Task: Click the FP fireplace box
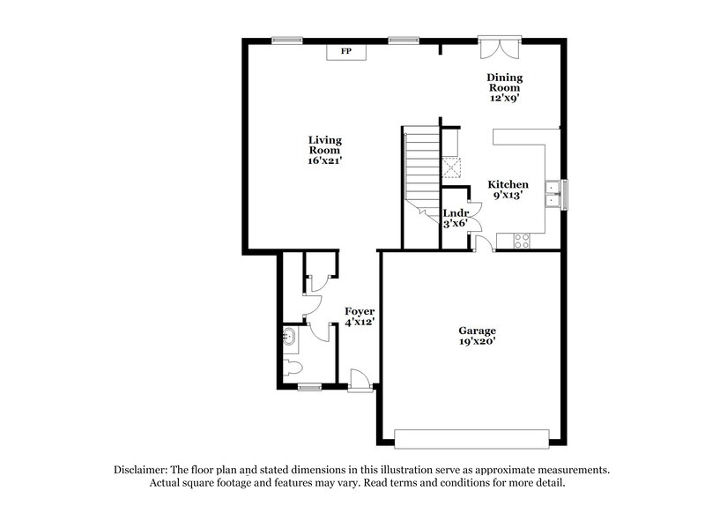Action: pyautogui.click(x=346, y=52)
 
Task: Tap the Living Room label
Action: pyautogui.click(x=325, y=145)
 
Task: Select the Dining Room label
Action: pyautogui.click(x=504, y=83)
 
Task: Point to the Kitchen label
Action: pyautogui.click(x=508, y=184)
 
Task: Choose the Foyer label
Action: pyautogui.click(x=359, y=312)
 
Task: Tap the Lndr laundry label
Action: pyautogui.click(x=455, y=213)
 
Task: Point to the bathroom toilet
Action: pyautogui.click(x=292, y=365)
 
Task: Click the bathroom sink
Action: pyautogui.click(x=289, y=336)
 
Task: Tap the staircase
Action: pyautogui.click(x=420, y=167)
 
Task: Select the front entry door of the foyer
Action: pyautogui.click(x=360, y=381)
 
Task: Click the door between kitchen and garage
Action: pyautogui.click(x=484, y=243)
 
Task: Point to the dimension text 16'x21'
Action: pyautogui.click(x=325, y=160)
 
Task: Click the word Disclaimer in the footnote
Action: pyautogui.click(x=144, y=470)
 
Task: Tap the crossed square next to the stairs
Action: pyautogui.click(x=451, y=166)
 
